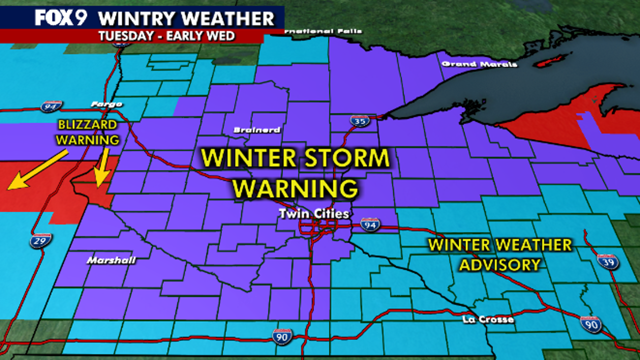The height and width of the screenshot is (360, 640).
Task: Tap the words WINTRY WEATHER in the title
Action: coord(186,18)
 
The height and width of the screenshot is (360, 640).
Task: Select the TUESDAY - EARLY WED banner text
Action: coord(167,36)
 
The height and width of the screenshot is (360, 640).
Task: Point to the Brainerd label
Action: coord(257,130)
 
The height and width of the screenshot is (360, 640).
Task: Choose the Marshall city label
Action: coord(111,260)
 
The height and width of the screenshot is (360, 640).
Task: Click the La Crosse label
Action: coord(488,319)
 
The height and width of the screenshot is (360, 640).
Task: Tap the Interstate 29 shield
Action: coord(40,241)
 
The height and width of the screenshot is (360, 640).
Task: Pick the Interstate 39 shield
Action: coord(607,261)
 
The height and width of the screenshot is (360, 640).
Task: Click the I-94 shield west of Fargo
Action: coord(51,106)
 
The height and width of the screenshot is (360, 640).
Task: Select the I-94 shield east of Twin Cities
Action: coord(370,224)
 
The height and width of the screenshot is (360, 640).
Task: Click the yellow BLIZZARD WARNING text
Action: coord(87,132)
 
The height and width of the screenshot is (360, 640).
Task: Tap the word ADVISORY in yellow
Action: coord(500,264)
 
